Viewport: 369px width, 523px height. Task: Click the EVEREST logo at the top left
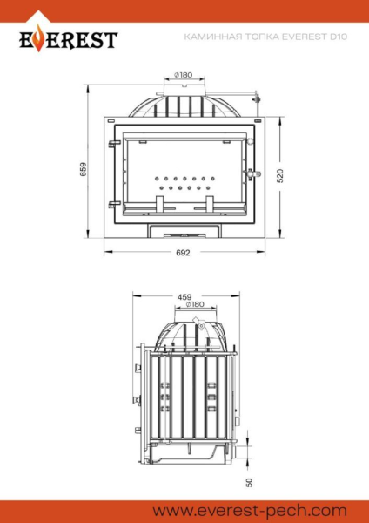point(67,38)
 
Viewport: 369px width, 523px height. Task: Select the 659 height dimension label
point(84,169)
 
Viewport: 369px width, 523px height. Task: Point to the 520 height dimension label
point(280,174)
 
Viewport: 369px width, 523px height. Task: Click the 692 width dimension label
point(183,253)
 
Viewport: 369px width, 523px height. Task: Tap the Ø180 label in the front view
point(183,75)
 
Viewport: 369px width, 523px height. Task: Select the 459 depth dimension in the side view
point(184,297)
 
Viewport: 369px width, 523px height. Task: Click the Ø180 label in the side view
point(194,305)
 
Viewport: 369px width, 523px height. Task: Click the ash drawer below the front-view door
point(183,231)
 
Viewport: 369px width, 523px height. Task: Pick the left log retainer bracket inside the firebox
point(160,203)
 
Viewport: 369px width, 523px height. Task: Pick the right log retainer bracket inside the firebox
point(209,203)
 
